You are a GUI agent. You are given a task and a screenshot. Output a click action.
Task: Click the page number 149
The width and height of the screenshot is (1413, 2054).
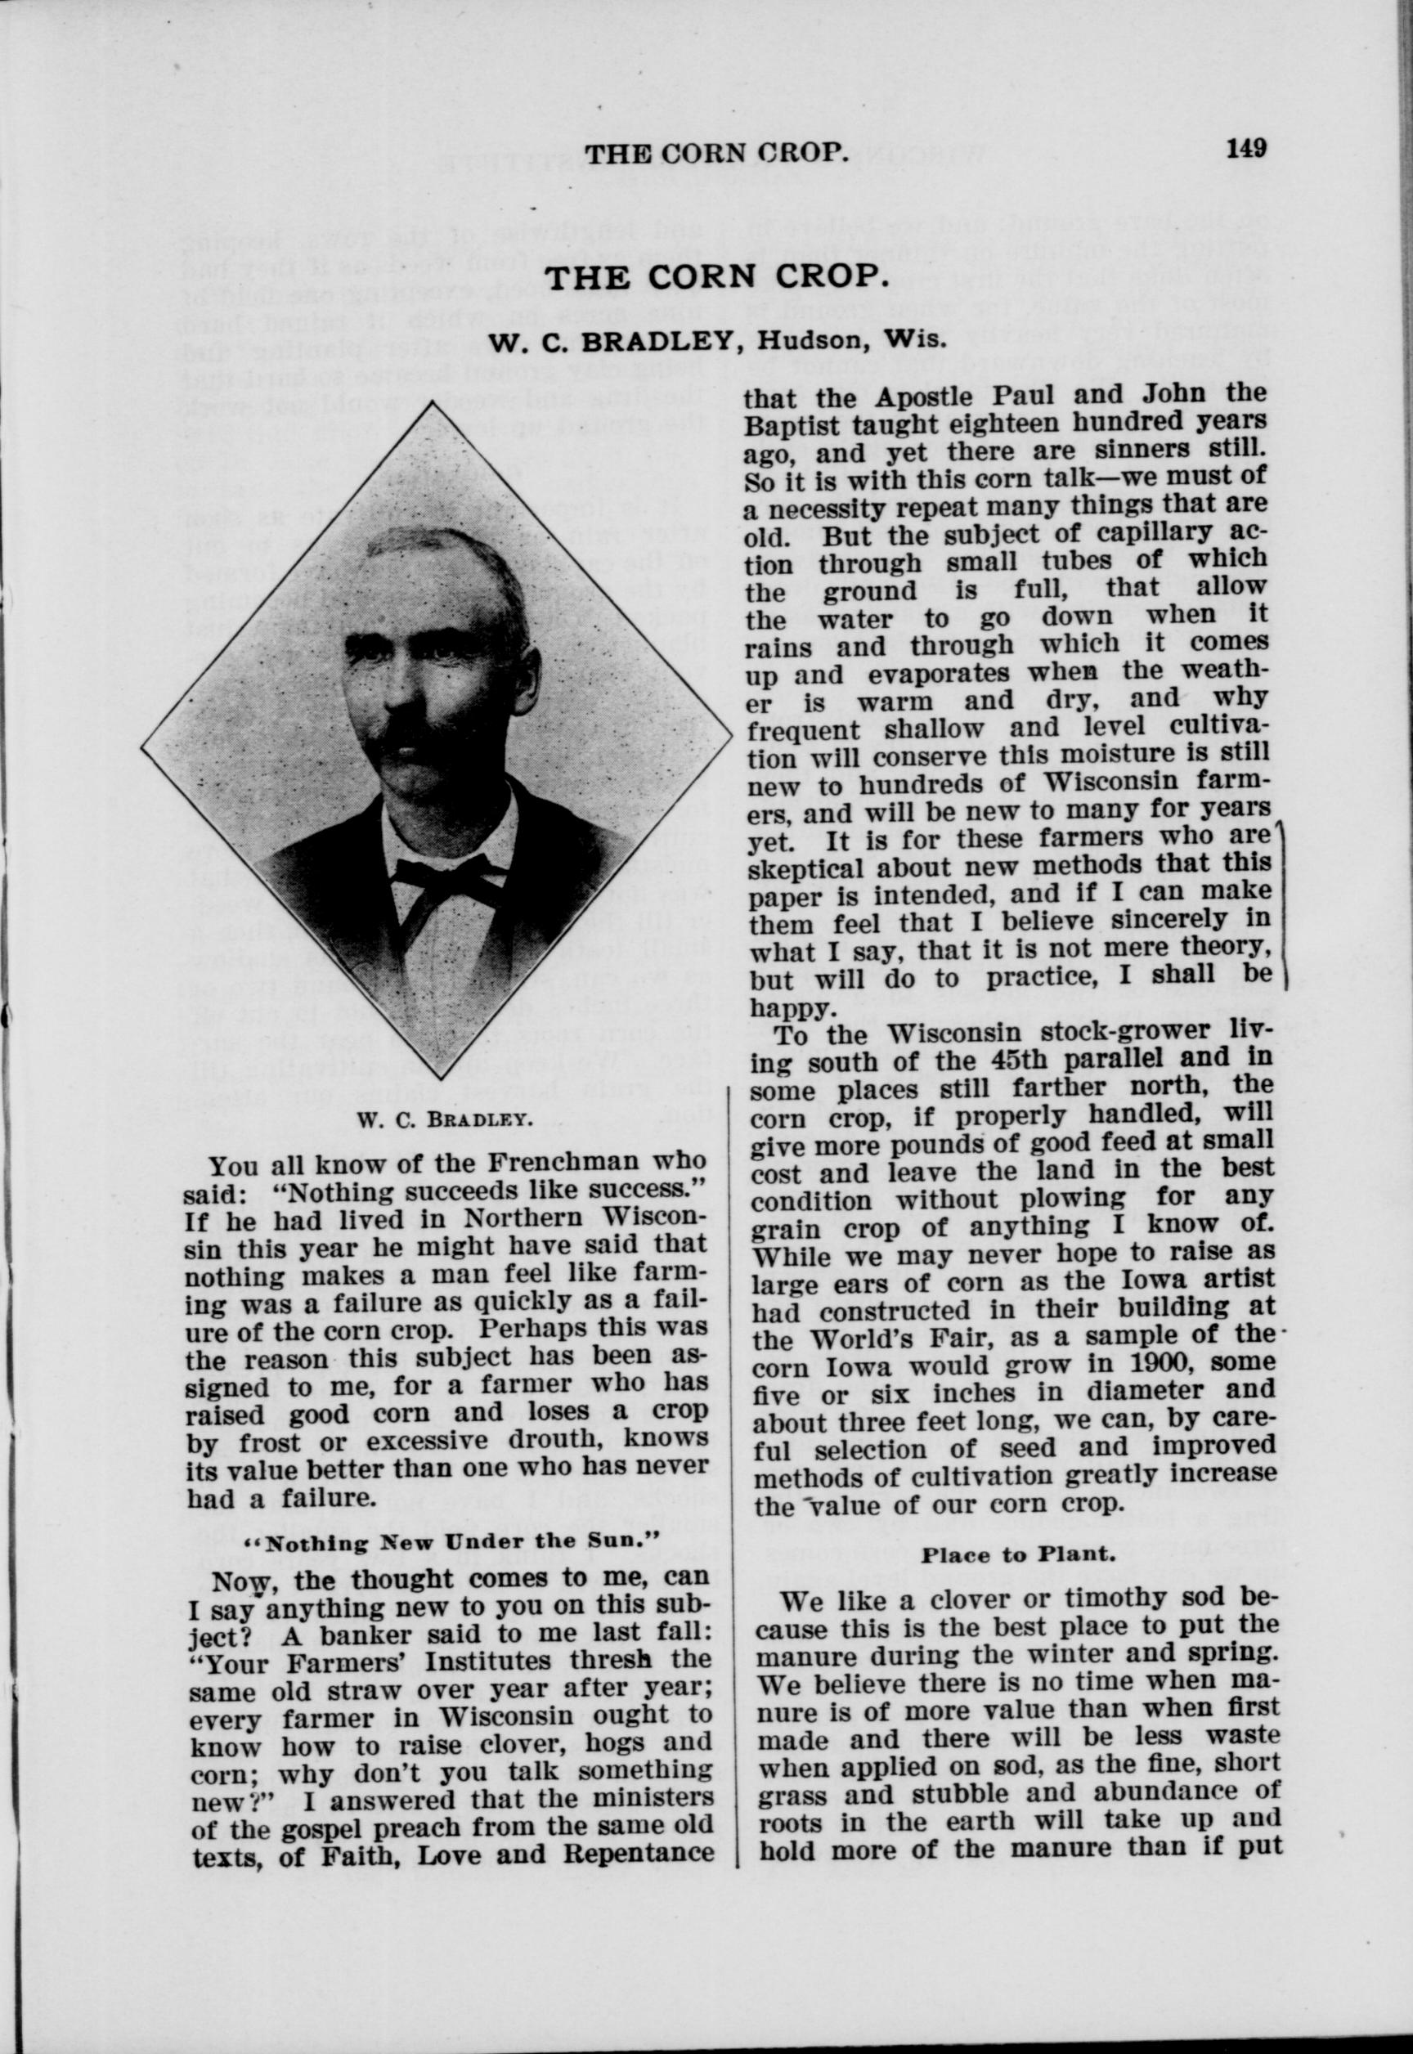click(1245, 148)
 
